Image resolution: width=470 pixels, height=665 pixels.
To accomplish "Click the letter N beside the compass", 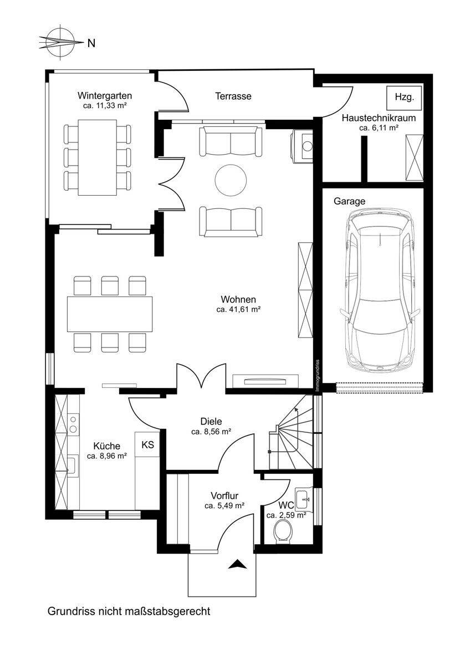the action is (91, 43).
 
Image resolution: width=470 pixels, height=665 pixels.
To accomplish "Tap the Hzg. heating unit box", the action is (404, 98).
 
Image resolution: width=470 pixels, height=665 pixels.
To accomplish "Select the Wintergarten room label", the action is (105, 96).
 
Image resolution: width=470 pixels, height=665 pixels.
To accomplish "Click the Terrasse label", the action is (233, 96).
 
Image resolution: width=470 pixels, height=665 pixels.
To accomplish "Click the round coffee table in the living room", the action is (231, 180).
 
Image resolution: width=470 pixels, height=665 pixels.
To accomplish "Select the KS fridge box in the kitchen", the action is (147, 444).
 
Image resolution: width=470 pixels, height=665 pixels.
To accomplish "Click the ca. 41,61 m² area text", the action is (238, 310).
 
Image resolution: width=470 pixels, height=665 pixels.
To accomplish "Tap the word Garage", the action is (350, 201).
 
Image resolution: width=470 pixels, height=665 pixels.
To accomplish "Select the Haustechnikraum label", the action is (379, 118).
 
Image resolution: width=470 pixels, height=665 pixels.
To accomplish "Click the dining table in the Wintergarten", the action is (98, 157).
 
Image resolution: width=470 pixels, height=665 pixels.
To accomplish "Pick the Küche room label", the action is (107, 446).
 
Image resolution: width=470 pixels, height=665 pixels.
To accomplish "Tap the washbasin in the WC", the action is (302, 500).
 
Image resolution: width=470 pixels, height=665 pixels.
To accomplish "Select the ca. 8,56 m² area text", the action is (211, 432).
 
